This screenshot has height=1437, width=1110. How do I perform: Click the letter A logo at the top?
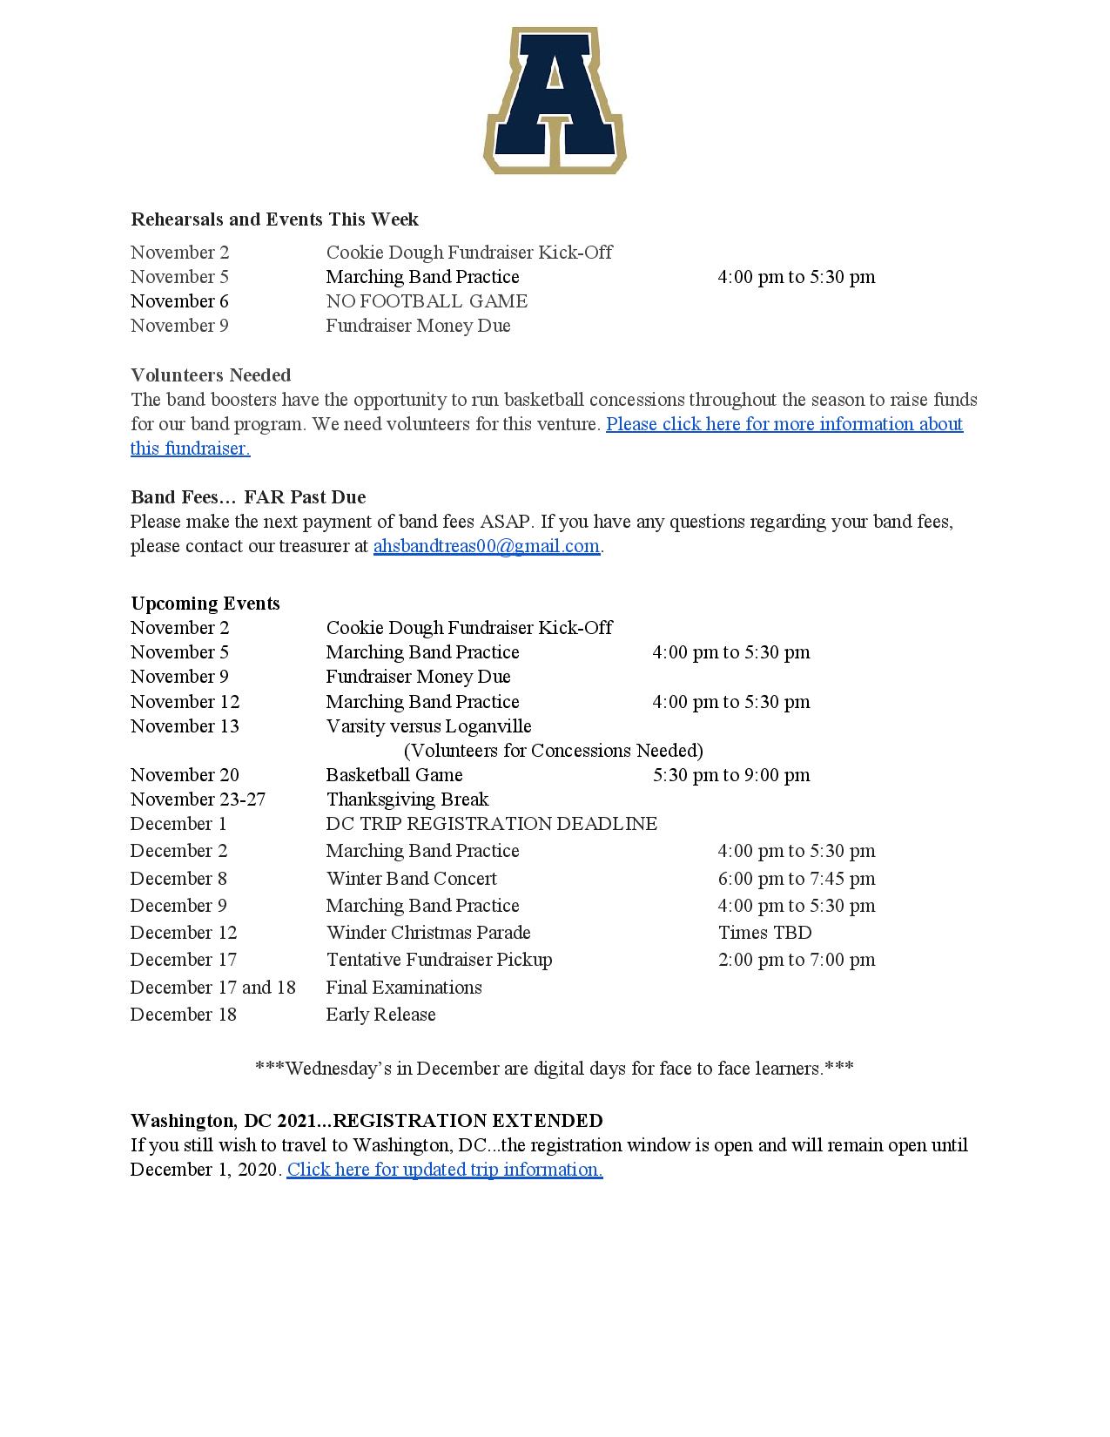[555, 100]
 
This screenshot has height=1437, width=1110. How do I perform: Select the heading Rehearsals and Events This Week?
[274, 219]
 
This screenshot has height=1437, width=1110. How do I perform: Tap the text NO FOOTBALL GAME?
[427, 301]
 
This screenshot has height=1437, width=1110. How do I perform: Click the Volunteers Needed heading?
[211, 375]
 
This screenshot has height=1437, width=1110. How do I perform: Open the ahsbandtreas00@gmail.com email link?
[486, 546]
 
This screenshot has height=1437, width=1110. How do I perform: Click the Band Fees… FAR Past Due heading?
[248, 497]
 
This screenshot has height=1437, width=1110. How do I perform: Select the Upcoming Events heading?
[205, 604]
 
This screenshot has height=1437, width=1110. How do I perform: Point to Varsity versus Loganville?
[428, 726]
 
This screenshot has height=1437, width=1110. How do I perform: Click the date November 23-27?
[198, 799]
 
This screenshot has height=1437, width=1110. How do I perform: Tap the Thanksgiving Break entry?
[407, 799]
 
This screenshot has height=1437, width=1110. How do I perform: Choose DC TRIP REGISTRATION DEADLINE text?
[492, 824]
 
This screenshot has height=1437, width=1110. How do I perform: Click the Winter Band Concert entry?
[411, 879]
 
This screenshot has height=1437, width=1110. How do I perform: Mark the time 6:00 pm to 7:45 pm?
[797, 879]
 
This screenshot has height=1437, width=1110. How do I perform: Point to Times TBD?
[764, 933]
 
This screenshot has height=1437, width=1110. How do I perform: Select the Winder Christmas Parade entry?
[428, 933]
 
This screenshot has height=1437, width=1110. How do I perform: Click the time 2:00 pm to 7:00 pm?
[797, 960]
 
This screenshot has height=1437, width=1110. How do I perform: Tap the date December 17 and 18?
[213, 988]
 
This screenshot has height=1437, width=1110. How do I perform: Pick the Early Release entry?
[380, 1015]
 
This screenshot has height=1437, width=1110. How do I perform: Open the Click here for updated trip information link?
[445, 1170]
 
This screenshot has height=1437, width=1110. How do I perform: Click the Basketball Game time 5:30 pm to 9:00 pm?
[731, 775]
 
